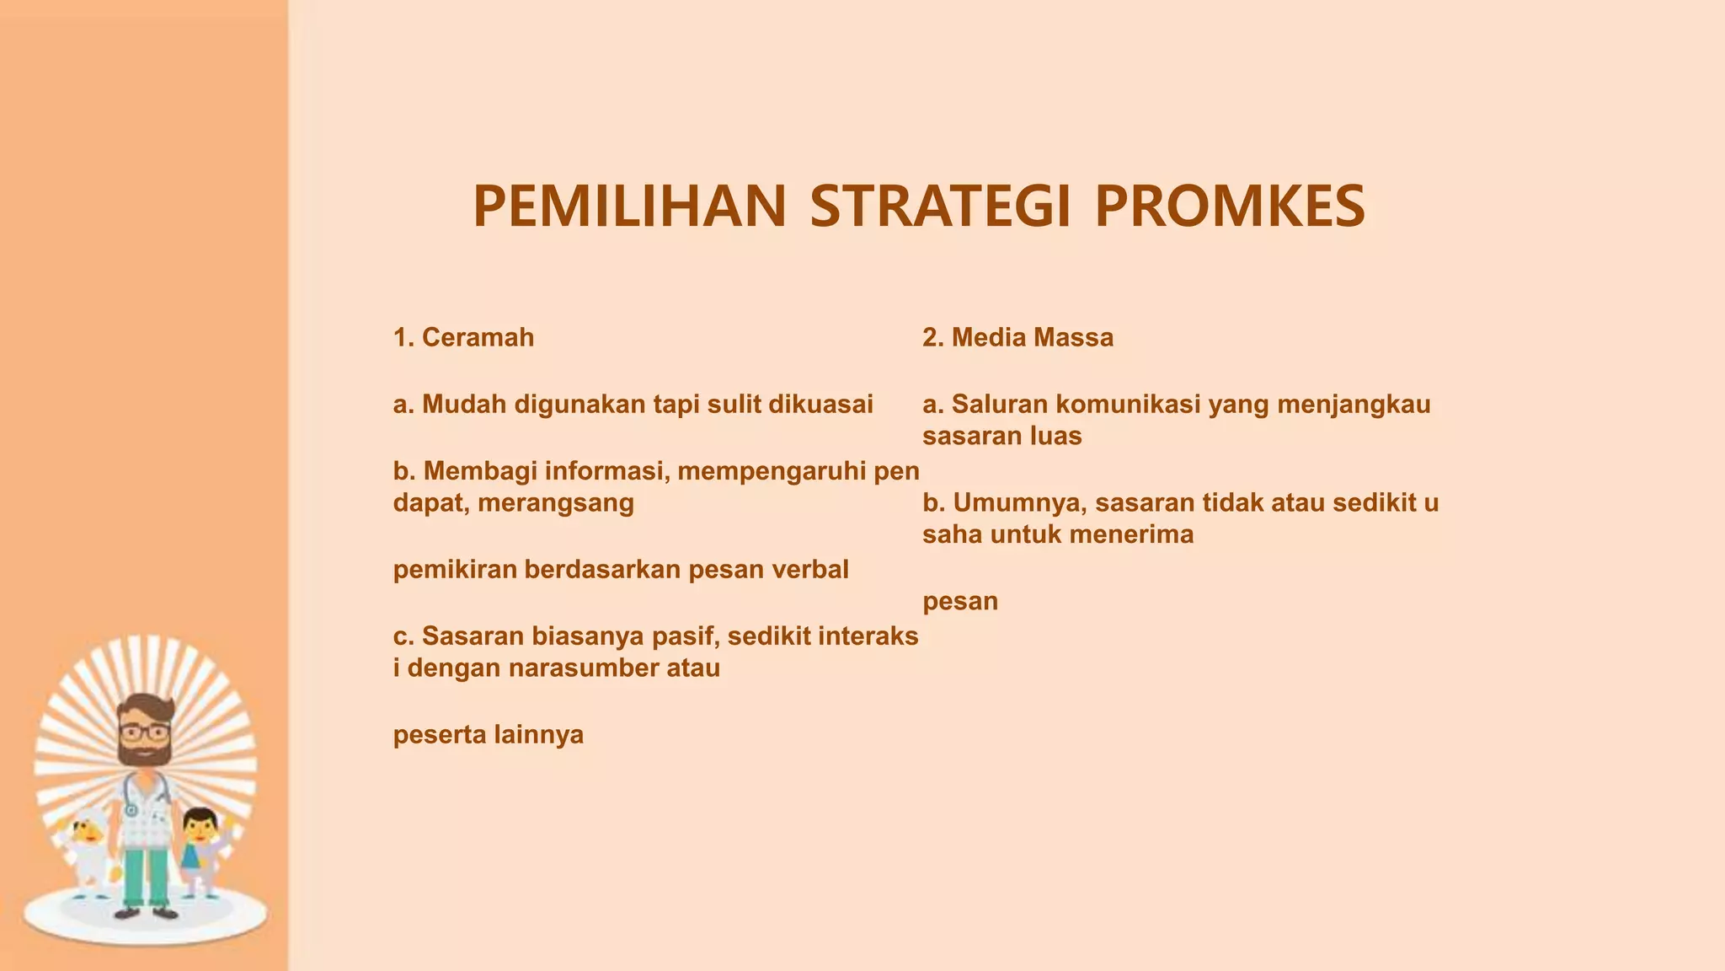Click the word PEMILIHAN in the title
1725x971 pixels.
point(629,207)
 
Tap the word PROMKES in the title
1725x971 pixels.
point(1229,207)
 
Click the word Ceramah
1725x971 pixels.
point(478,338)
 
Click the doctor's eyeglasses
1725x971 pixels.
point(144,731)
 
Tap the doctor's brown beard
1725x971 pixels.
point(144,750)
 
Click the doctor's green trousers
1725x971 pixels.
point(146,877)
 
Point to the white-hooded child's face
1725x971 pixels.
point(89,831)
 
